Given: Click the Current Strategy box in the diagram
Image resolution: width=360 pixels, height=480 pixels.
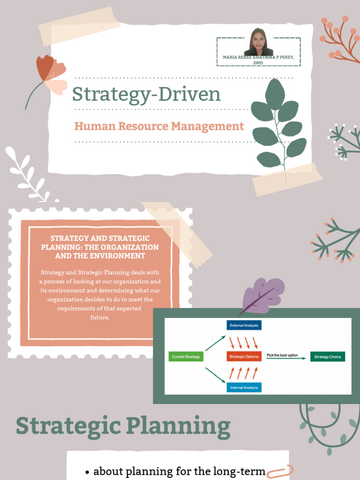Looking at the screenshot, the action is tap(186, 357).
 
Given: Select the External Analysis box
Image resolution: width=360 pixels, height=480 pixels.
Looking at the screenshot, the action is tap(244, 325).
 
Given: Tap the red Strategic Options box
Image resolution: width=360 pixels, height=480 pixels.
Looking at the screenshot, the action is tap(244, 357).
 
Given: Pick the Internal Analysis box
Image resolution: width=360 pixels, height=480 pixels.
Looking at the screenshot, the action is tap(244, 388).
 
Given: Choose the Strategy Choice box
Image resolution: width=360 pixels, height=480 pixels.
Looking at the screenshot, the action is tap(328, 357).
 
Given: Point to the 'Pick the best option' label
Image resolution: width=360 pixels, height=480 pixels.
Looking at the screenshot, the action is tap(282, 355).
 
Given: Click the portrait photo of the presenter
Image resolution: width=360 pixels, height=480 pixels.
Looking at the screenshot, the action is tap(259, 43).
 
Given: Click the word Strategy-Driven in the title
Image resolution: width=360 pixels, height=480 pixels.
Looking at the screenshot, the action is tap(146, 94).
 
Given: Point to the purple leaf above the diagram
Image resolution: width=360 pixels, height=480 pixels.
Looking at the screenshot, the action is tap(263, 294).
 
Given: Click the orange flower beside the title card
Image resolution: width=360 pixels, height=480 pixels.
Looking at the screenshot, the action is tap(50, 74).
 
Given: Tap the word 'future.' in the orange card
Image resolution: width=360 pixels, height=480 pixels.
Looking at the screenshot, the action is tap(100, 317).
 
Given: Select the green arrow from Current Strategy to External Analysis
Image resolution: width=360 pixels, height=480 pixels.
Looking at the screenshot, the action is tap(215, 343).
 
